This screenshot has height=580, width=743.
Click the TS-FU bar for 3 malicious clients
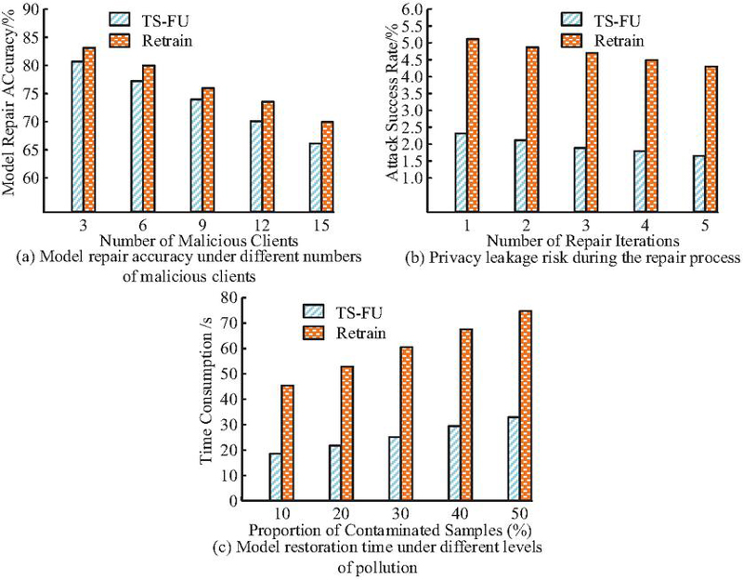click(77, 136)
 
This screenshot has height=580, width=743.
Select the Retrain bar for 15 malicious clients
click(328, 166)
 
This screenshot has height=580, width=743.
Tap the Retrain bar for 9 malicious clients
click(208, 150)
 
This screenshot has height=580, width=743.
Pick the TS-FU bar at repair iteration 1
click(461, 172)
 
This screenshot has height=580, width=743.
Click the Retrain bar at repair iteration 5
click(711, 138)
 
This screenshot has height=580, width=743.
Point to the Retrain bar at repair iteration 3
click(592, 132)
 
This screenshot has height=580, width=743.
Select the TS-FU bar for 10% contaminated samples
click(275, 477)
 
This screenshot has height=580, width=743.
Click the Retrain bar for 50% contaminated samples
click(526, 405)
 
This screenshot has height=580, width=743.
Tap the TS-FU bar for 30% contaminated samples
click(395, 468)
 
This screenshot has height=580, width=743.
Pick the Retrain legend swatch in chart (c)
click(313, 333)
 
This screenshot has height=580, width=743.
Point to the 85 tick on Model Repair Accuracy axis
click(43, 37)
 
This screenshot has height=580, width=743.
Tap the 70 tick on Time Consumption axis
click(241, 323)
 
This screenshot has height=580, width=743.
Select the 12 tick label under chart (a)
click(263, 224)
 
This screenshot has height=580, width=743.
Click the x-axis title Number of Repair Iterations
click(582, 241)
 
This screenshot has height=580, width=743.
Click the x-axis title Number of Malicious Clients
click(199, 241)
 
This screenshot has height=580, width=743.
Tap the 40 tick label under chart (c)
click(461, 514)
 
